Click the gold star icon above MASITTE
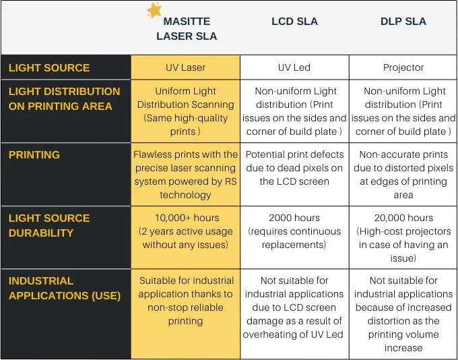click(x=154, y=10)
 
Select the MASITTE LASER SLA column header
click(x=187, y=29)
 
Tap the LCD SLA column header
click(x=294, y=22)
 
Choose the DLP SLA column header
click(x=403, y=22)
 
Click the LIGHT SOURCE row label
click(x=49, y=68)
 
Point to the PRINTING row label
click(x=34, y=155)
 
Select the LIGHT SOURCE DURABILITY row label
click(x=49, y=225)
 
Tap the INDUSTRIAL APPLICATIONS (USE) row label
click(x=65, y=288)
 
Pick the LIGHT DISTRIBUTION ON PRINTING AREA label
click(x=65, y=98)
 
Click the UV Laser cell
click(x=186, y=67)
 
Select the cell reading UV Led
click(x=294, y=67)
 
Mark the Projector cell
click(x=403, y=67)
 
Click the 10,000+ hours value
click(x=185, y=218)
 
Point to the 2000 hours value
click(x=294, y=218)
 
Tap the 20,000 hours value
click(x=403, y=218)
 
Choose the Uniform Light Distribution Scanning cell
click(x=186, y=111)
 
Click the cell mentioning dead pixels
click(x=294, y=168)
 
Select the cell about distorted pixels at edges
click(x=403, y=174)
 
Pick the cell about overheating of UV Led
click(x=294, y=307)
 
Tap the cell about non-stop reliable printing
click(x=186, y=301)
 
